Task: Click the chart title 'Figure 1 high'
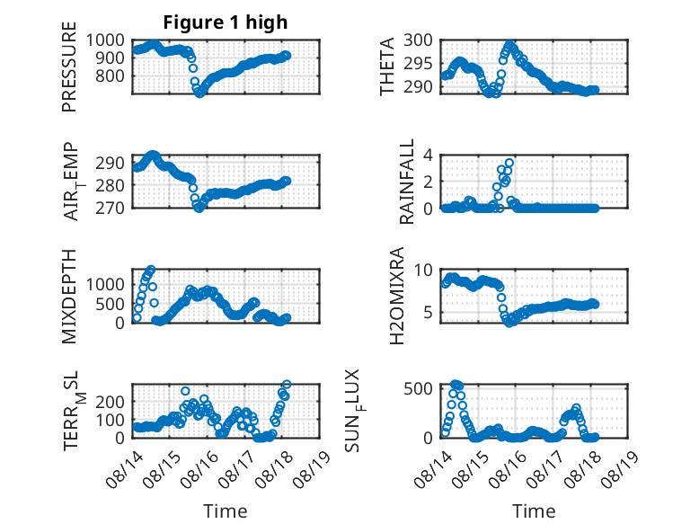pyautogui.click(x=226, y=22)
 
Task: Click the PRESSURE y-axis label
pyautogui.click(x=69, y=67)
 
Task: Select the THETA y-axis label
pyautogui.click(x=387, y=67)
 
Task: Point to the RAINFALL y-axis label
pyautogui.click(x=407, y=182)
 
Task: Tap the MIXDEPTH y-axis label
pyautogui.click(x=69, y=296)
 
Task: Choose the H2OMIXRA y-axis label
pyautogui.click(x=397, y=296)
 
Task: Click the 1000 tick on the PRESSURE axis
pyautogui.click(x=105, y=40)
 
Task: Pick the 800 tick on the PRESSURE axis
pyautogui.click(x=111, y=75)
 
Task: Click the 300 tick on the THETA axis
pyautogui.click(x=418, y=40)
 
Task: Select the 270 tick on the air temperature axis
pyautogui.click(x=111, y=208)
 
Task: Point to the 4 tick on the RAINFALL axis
pyautogui.click(x=428, y=155)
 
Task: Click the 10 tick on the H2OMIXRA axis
pyautogui.click(x=423, y=270)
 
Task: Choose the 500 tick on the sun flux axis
pyautogui.click(x=418, y=389)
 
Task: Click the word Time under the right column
pyautogui.click(x=534, y=511)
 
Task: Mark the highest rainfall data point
pyautogui.click(x=509, y=163)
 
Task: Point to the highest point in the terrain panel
pyautogui.click(x=287, y=384)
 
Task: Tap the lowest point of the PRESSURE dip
pyautogui.click(x=199, y=93)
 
